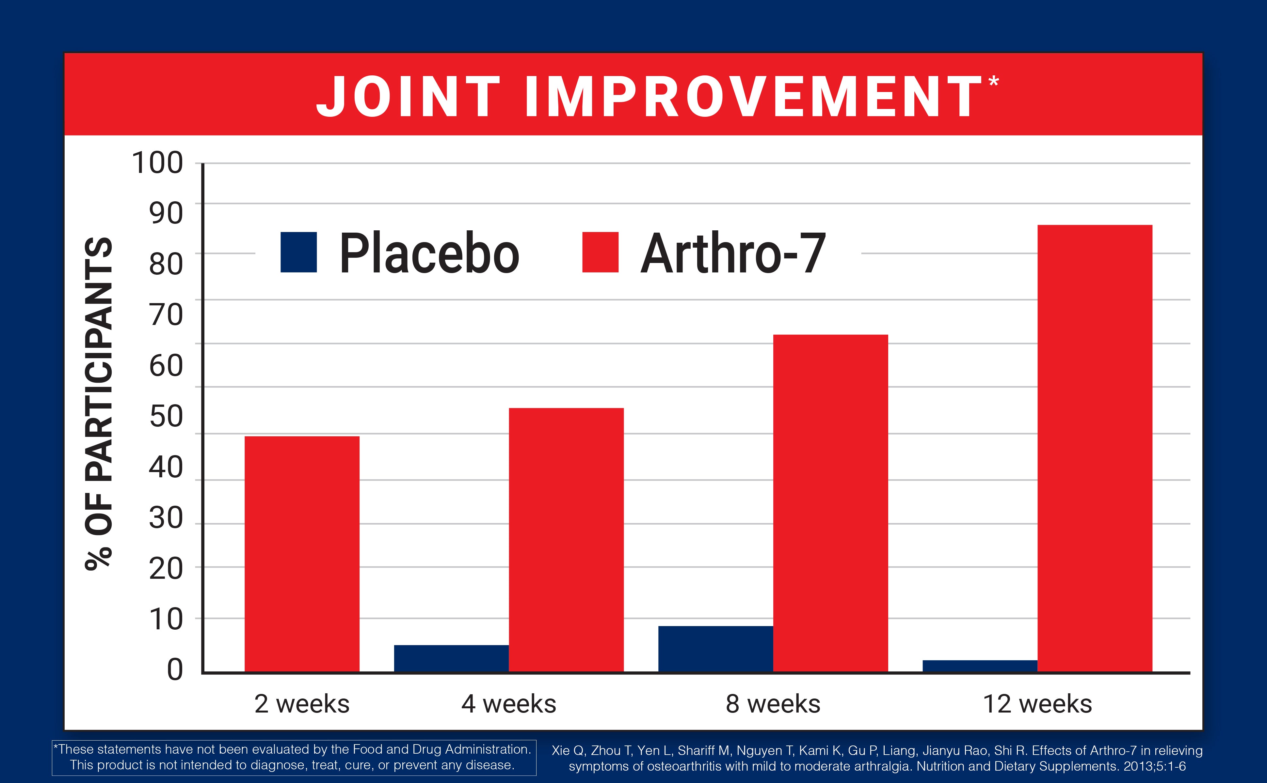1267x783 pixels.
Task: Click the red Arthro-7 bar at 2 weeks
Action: (302, 554)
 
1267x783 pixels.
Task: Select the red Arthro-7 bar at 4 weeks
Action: (566, 540)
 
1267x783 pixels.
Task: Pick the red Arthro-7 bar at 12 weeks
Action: (1095, 449)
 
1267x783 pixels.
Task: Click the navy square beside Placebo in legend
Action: (298, 252)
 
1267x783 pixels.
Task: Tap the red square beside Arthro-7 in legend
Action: (600, 252)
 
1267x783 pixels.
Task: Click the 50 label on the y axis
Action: (166, 416)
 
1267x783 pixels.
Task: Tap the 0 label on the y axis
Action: (175, 669)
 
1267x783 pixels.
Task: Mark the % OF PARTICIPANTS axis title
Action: (99, 404)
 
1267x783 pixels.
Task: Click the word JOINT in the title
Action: (408, 97)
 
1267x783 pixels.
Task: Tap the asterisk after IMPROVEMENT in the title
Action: (993, 81)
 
